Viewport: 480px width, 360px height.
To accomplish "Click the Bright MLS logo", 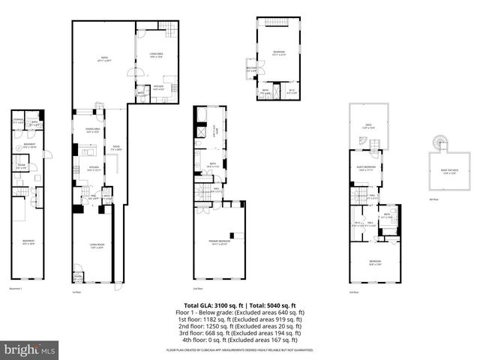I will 30,349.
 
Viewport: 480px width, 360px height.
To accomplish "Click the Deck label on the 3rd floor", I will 367,127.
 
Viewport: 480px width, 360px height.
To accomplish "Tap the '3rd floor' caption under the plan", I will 353,292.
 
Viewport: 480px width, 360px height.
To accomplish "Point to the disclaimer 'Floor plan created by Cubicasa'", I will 240,350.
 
